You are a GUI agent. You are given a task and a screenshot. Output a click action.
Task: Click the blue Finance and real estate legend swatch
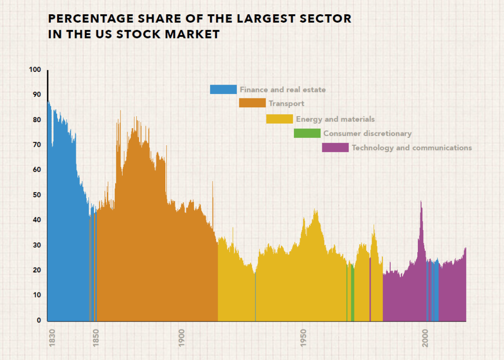click(223, 90)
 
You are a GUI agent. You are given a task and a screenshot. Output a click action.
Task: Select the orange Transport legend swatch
click(252, 103)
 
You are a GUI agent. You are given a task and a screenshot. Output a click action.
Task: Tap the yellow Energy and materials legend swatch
click(279, 119)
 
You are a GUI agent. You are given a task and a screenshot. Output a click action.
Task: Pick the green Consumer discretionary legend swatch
click(307, 133)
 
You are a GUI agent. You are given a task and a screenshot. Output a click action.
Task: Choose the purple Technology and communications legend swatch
click(335, 148)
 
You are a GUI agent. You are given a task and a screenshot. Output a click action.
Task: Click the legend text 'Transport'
click(286, 103)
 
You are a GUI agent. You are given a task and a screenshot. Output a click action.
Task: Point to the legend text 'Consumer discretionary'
click(367, 133)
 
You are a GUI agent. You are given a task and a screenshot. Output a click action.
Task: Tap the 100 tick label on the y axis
click(35, 70)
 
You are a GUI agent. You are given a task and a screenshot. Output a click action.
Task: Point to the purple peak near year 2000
click(421, 203)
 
